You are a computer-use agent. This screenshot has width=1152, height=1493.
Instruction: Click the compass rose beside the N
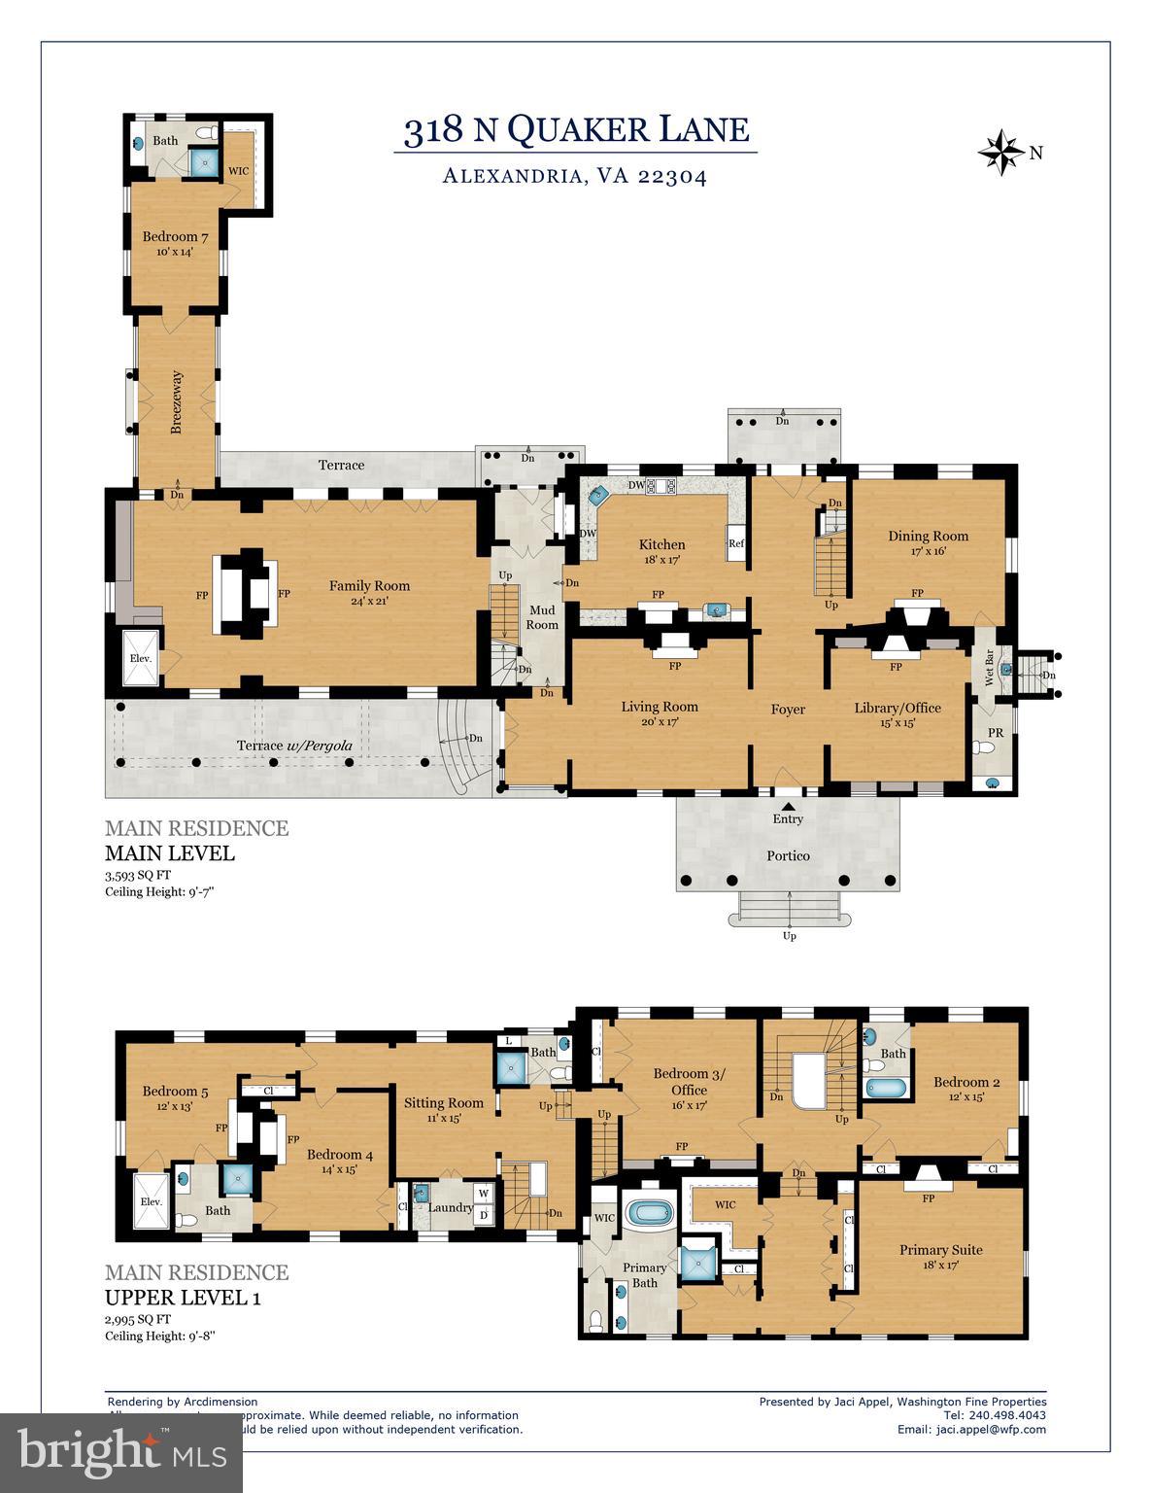click(1000, 153)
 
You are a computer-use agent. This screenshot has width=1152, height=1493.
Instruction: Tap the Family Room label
click(369, 585)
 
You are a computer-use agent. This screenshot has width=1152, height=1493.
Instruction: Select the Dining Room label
click(928, 536)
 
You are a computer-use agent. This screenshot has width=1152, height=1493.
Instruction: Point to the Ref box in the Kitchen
click(735, 543)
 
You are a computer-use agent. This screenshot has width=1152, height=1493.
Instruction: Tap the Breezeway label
click(177, 401)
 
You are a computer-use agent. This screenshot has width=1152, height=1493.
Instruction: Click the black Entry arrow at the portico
click(789, 805)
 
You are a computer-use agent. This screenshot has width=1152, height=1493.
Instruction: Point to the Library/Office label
click(897, 708)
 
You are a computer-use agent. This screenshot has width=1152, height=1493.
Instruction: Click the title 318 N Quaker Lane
click(576, 129)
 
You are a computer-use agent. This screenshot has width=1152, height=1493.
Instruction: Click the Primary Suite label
click(940, 1249)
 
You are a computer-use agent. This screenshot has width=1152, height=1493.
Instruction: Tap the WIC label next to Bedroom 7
click(238, 171)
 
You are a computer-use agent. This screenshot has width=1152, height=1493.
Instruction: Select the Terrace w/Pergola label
click(294, 746)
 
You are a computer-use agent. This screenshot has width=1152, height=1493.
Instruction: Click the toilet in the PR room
click(987, 747)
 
